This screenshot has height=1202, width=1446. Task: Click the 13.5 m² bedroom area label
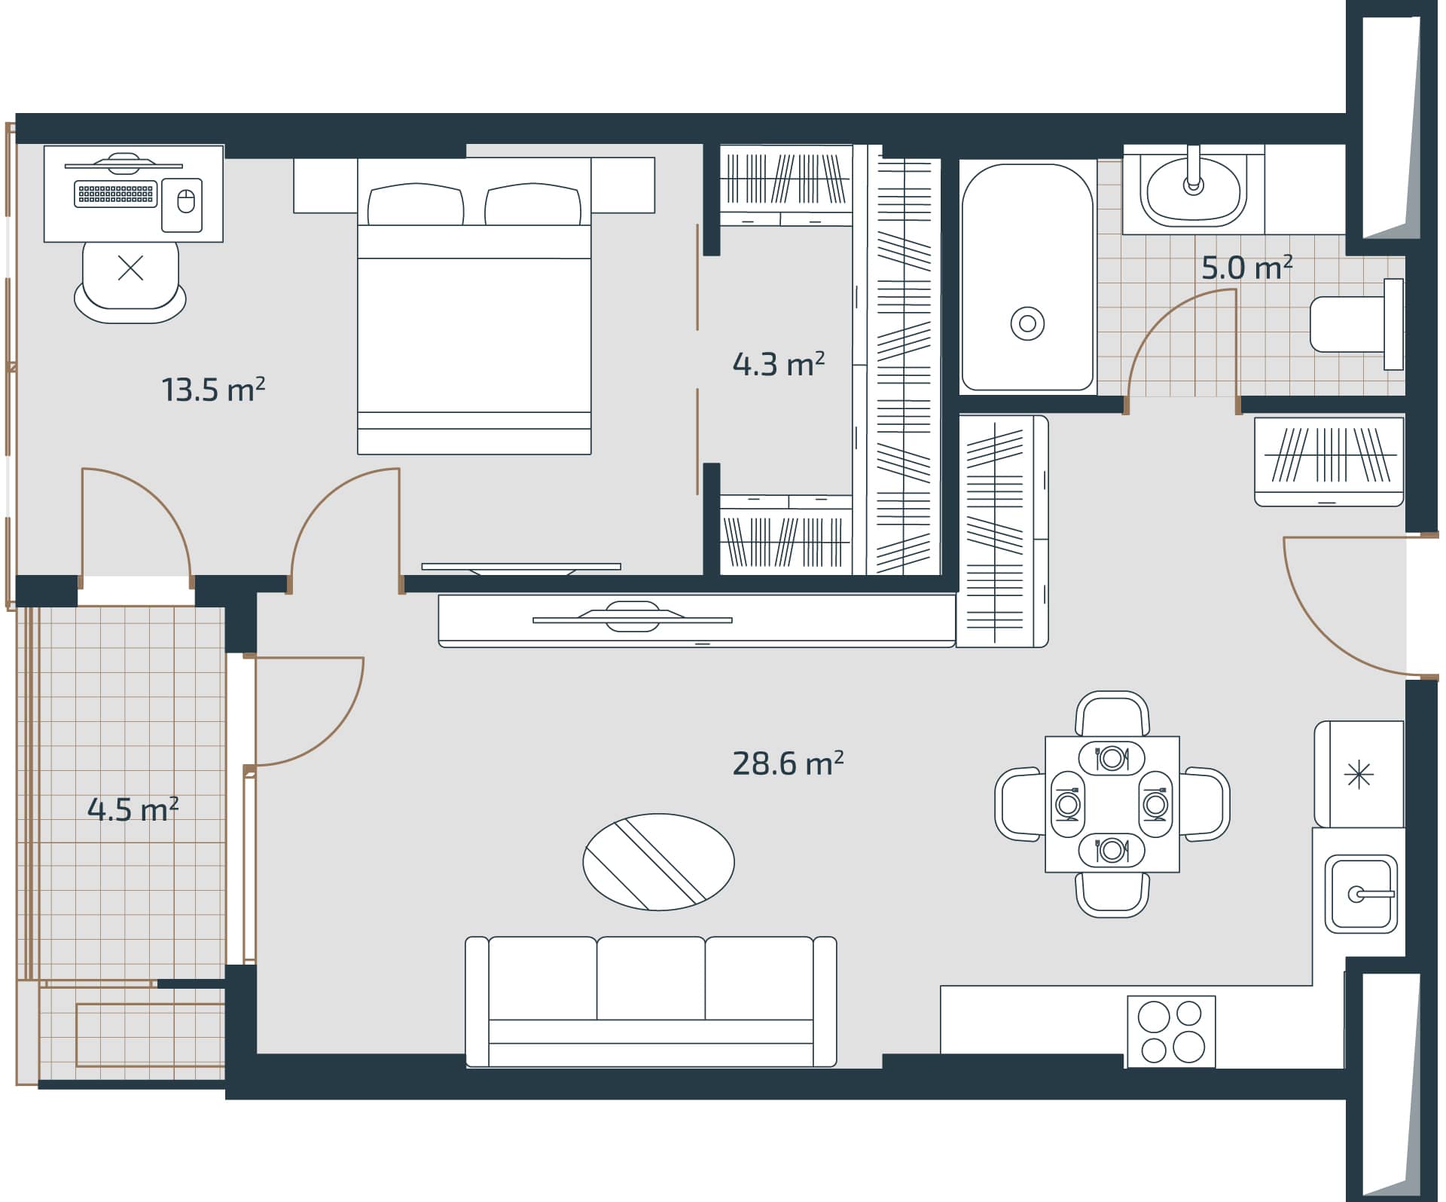tap(213, 390)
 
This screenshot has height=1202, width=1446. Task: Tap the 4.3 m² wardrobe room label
tap(778, 364)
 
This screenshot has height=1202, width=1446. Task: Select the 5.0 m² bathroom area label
tap(1246, 268)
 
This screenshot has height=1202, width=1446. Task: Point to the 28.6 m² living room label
tap(787, 763)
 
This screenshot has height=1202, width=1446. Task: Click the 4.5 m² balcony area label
tap(133, 809)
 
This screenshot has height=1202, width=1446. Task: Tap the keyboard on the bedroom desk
tap(116, 194)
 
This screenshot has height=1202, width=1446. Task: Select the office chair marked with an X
tap(130, 277)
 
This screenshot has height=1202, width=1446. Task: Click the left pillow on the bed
tap(415, 205)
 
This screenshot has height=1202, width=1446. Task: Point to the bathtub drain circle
tap(1027, 324)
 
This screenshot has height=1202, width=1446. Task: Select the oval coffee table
tap(658, 862)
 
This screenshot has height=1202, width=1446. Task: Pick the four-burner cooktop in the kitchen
tap(1171, 1031)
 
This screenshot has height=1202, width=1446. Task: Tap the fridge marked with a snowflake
tap(1359, 774)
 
